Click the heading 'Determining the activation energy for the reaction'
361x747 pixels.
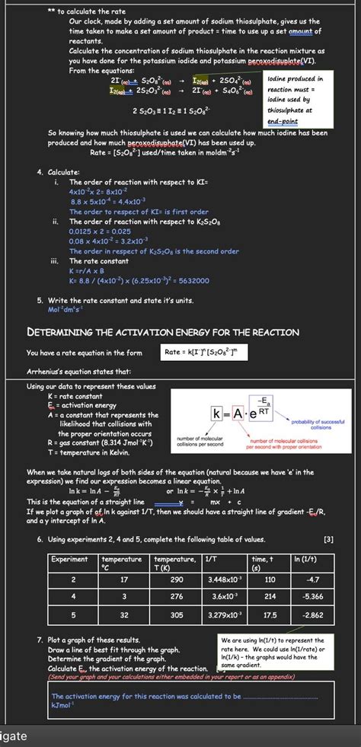(163, 332)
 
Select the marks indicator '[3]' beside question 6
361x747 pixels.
(328, 539)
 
